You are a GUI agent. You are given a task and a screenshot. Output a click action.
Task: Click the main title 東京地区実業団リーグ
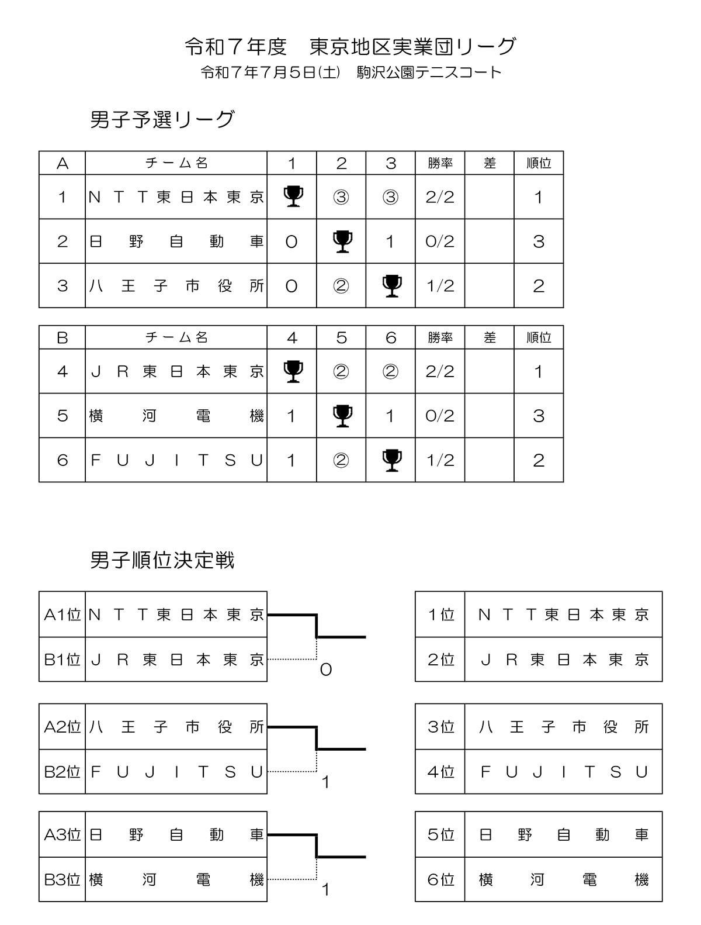pyautogui.click(x=412, y=46)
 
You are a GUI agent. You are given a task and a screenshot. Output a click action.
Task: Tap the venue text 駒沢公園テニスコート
pyautogui.click(x=429, y=73)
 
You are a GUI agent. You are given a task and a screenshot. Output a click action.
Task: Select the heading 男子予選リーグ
pyautogui.click(x=162, y=120)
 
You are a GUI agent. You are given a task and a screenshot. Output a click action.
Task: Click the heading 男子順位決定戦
pyautogui.click(x=162, y=560)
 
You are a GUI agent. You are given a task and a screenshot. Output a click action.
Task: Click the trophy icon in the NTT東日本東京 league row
pyautogui.click(x=293, y=196)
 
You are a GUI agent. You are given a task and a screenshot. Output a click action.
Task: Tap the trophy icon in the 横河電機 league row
pyautogui.click(x=342, y=416)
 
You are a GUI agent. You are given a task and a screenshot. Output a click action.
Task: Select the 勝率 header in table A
pyautogui.click(x=440, y=163)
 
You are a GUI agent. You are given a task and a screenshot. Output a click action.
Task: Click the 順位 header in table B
pyautogui.click(x=539, y=337)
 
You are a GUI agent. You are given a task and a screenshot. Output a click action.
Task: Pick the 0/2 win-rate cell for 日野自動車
pyautogui.click(x=440, y=241)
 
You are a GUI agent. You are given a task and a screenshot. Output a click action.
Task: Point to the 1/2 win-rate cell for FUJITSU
pyautogui.click(x=440, y=460)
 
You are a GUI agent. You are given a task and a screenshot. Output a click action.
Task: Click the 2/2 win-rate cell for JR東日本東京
pyautogui.click(x=440, y=371)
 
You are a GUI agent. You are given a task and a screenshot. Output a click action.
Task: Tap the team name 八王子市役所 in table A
pyautogui.click(x=176, y=286)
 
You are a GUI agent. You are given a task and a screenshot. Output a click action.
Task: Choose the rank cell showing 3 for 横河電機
pyautogui.click(x=539, y=416)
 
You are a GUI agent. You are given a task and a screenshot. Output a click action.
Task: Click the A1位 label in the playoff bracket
pyautogui.click(x=63, y=615)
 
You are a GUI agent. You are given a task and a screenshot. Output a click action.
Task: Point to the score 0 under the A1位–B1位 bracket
pyautogui.click(x=326, y=669)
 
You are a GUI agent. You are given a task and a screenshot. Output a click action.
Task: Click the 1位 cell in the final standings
pyautogui.click(x=441, y=615)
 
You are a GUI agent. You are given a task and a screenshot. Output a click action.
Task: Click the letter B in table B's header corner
pyautogui.click(x=63, y=337)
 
